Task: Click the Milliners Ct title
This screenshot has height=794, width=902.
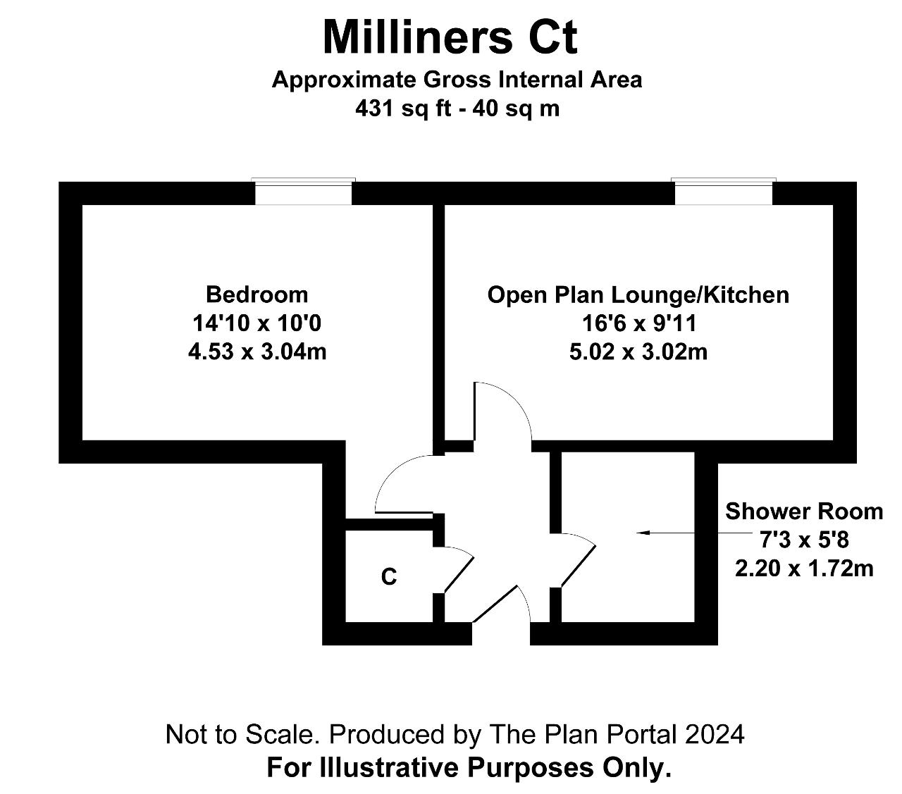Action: [450, 37]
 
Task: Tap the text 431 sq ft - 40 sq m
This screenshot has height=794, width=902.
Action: [457, 109]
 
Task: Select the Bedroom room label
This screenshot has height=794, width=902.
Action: [257, 294]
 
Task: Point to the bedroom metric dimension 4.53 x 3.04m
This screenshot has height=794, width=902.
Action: [257, 352]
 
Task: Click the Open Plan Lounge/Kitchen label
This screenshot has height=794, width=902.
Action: [638, 295]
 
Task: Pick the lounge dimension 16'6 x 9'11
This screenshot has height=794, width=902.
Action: [639, 323]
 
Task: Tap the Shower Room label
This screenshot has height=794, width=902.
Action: [804, 511]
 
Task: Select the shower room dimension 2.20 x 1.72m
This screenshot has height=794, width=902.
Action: [804, 569]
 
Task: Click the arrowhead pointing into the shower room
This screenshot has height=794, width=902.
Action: [643, 533]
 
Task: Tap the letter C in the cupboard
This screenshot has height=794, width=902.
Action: [389, 577]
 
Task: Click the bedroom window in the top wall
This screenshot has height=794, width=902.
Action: [303, 192]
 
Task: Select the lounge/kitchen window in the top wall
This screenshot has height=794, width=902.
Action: [724, 192]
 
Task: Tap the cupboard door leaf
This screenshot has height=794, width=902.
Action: [459, 575]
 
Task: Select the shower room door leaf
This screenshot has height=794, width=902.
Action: [579, 566]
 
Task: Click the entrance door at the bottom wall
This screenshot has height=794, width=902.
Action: [495, 604]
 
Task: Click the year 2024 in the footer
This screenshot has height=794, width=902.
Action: [715, 734]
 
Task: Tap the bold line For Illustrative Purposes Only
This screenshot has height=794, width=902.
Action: [469, 768]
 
